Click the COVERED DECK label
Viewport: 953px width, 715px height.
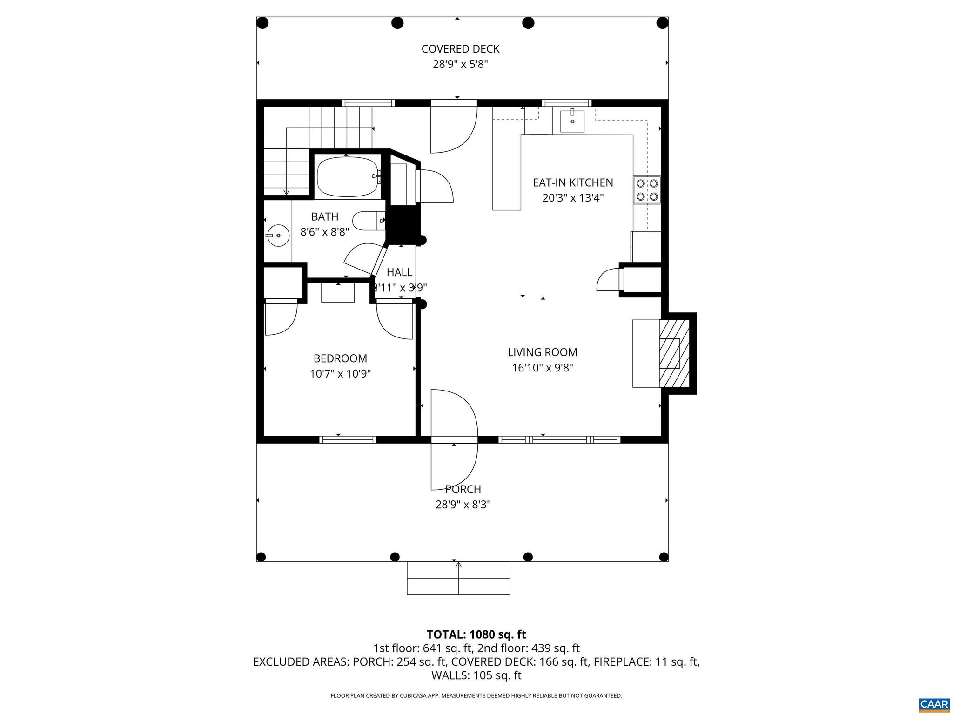[x=460, y=49]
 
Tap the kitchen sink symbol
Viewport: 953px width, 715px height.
[x=572, y=121]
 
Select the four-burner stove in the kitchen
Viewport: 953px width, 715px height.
[x=647, y=190]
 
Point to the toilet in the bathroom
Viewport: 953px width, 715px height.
[x=368, y=221]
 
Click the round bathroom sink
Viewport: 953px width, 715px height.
[x=278, y=236]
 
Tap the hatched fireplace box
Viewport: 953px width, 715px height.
[x=673, y=353]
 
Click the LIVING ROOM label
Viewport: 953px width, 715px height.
[x=542, y=352]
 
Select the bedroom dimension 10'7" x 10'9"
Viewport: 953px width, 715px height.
[x=340, y=374]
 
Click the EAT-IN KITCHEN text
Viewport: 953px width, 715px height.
[x=573, y=182]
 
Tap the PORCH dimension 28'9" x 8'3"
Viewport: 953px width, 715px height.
[x=463, y=505]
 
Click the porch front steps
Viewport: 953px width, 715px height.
[x=458, y=578]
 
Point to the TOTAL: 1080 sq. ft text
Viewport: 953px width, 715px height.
[x=476, y=634]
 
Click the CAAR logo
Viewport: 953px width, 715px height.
[x=934, y=704]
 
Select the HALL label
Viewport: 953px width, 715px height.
[x=399, y=272]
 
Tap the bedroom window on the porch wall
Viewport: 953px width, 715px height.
[x=348, y=439]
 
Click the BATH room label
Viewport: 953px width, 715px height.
[x=324, y=216]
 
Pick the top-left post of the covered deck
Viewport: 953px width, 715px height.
[x=262, y=22]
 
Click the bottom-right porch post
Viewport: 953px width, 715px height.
[x=663, y=557]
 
